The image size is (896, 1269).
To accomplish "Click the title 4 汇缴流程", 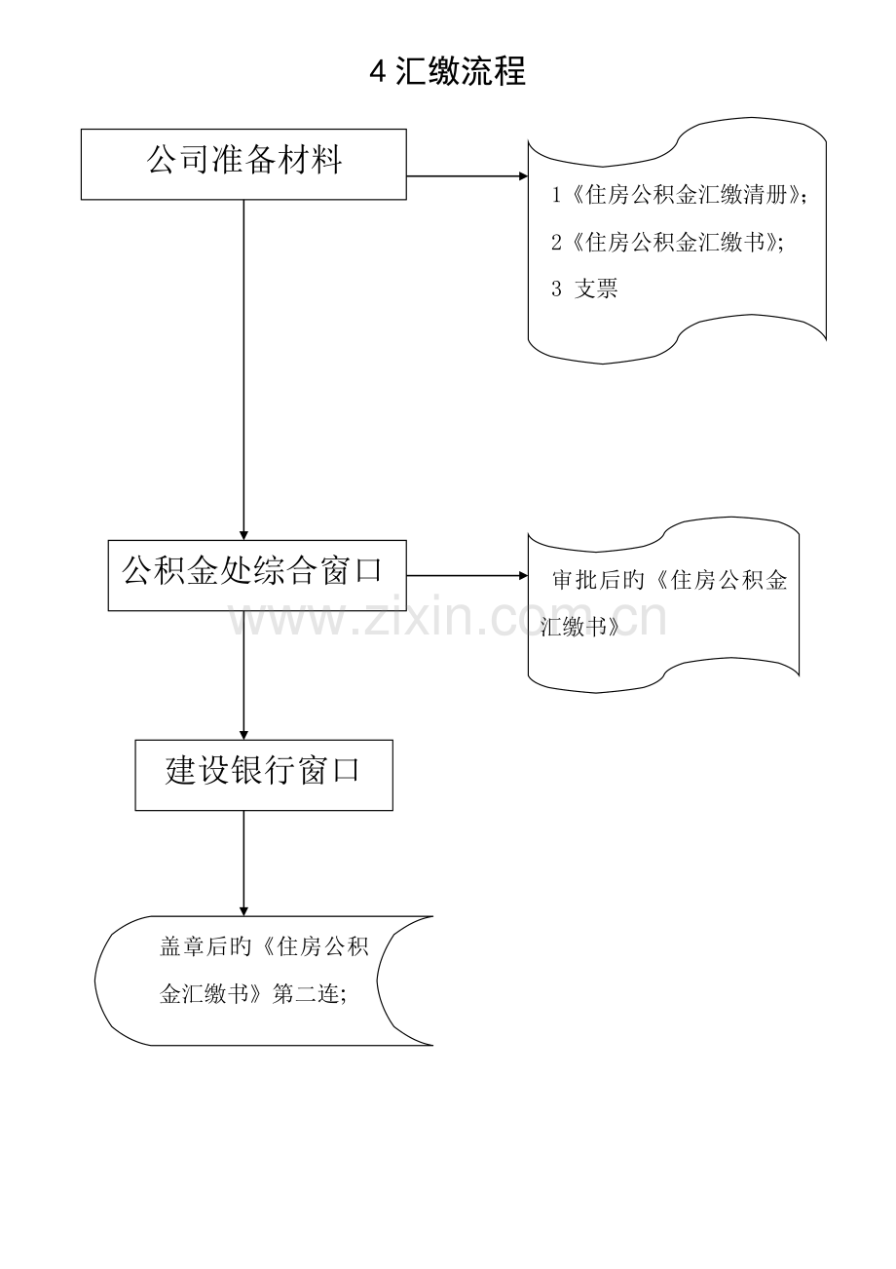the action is (x=448, y=71).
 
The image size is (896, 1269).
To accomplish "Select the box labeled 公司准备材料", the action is (x=243, y=165).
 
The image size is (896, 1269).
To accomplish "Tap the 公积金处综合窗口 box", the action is (x=257, y=575).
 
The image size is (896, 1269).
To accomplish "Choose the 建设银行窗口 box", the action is (x=264, y=775).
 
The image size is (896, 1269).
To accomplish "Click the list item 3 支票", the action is (x=584, y=288).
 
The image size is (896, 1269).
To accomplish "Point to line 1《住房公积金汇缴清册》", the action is (x=678, y=196).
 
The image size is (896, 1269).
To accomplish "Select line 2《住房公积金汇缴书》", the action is (x=667, y=243).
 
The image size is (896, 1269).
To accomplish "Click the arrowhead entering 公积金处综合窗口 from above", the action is (x=243, y=536).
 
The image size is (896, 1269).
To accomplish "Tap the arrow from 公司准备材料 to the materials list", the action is (x=467, y=176).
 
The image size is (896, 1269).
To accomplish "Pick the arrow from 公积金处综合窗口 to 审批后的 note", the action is (x=467, y=576).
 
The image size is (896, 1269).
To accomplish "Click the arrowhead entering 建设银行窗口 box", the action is (x=243, y=735).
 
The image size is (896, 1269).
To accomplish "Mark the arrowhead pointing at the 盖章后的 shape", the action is (x=243, y=911).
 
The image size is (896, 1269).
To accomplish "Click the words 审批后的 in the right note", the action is (x=599, y=580).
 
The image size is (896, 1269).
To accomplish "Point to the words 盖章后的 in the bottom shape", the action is (x=205, y=946).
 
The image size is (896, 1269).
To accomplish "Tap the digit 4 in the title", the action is (x=378, y=72).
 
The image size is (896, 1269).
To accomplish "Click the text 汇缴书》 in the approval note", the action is (x=580, y=627).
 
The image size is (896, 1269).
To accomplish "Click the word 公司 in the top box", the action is (x=178, y=160).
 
